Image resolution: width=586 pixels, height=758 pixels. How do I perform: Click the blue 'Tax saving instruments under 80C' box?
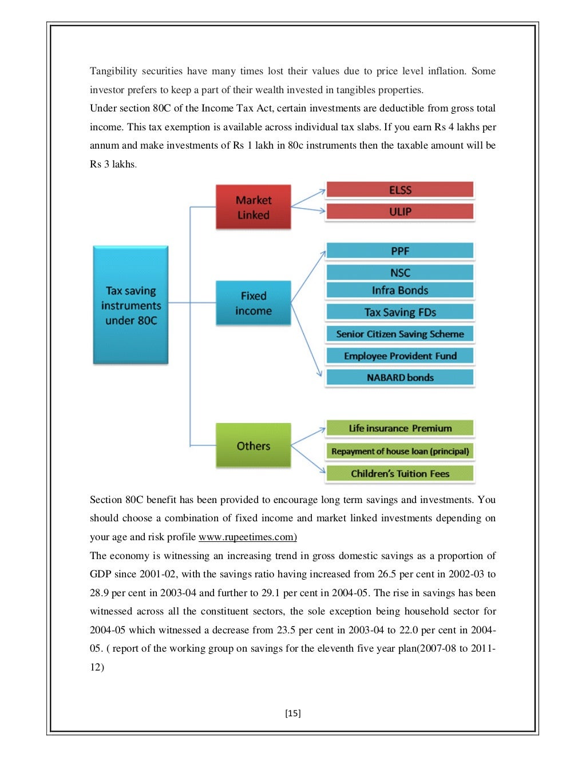(x=130, y=305)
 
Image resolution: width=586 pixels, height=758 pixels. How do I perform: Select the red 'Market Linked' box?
(x=253, y=207)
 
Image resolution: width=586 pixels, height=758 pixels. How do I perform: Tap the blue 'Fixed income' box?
(x=253, y=303)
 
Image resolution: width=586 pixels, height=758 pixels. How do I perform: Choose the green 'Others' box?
(x=253, y=445)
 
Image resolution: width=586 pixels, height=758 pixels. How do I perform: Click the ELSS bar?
(x=400, y=190)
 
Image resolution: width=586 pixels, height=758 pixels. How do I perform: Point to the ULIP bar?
(x=400, y=212)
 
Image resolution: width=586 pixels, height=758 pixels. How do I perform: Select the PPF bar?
(x=400, y=251)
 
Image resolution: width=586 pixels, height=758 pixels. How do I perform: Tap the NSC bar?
(x=400, y=273)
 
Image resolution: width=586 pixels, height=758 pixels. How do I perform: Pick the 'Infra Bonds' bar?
(x=400, y=290)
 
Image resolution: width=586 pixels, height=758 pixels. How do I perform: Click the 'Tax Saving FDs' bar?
(x=400, y=312)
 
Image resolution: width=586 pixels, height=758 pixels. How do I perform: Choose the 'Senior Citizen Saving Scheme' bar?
(x=400, y=334)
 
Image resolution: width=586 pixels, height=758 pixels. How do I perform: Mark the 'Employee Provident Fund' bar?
(x=400, y=356)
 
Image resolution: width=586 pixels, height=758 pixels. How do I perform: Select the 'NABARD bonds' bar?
(x=400, y=377)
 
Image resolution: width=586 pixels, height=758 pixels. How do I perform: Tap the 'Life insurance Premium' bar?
(x=400, y=428)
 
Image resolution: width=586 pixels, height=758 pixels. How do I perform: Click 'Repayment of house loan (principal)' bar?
(x=400, y=451)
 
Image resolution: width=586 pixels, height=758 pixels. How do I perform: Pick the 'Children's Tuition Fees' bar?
(x=400, y=473)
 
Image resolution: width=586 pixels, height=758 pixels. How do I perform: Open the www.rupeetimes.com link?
(x=247, y=537)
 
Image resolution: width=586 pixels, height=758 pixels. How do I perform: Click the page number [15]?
(x=292, y=713)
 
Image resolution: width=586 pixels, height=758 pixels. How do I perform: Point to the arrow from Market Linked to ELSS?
(x=308, y=198)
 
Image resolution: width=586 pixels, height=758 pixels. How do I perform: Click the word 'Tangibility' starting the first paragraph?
(x=113, y=71)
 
